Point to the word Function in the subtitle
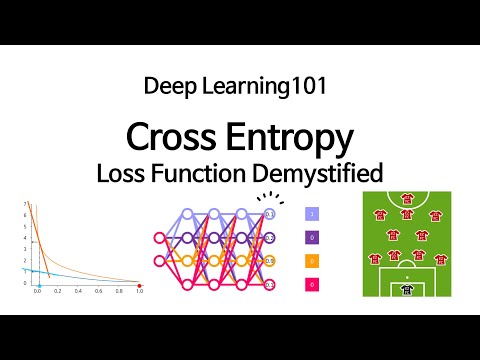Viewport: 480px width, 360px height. click(x=197, y=171)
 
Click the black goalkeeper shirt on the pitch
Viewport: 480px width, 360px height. click(x=406, y=289)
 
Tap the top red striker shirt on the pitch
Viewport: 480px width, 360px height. click(x=406, y=198)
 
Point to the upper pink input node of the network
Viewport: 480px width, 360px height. click(x=158, y=238)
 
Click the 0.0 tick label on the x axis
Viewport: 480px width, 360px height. click(x=37, y=293)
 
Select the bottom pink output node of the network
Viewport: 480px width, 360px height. click(x=269, y=284)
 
